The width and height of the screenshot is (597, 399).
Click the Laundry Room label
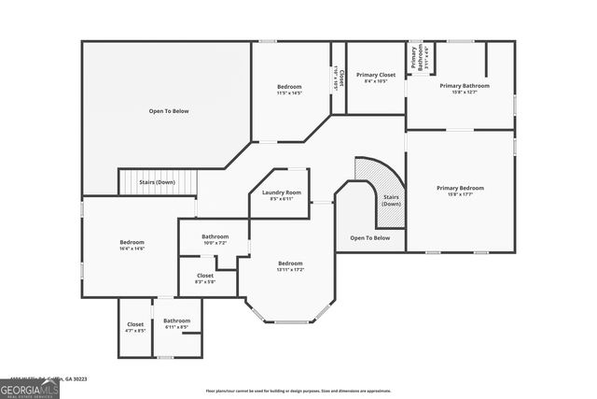click(x=280, y=192)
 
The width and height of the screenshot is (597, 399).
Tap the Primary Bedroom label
click(x=460, y=188)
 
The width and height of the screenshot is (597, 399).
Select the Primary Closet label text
click(x=376, y=74)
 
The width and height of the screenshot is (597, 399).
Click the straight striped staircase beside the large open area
click(x=159, y=182)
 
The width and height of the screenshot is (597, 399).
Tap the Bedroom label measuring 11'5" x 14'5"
click(x=289, y=87)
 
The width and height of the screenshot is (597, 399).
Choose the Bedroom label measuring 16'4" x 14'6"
click(x=132, y=242)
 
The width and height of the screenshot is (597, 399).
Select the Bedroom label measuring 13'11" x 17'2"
click(x=290, y=264)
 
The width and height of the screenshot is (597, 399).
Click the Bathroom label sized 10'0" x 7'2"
click(x=215, y=236)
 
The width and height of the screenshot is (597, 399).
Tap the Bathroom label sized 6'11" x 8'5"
click(x=176, y=321)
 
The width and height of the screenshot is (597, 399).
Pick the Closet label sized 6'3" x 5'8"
click(x=204, y=276)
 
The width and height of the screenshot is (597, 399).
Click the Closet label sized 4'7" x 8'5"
click(x=135, y=324)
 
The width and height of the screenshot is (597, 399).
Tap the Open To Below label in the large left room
click(x=169, y=111)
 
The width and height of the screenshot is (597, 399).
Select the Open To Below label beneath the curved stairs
click(x=369, y=238)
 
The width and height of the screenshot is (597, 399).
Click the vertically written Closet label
click(x=341, y=78)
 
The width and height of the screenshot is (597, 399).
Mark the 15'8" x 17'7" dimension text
click(x=460, y=194)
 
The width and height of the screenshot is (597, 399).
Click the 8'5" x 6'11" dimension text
click(x=280, y=198)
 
